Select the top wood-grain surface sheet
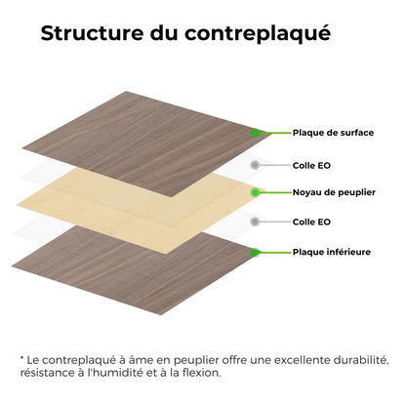(x=156, y=127)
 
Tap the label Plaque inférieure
(x=332, y=252)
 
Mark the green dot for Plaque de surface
(x=256, y=133)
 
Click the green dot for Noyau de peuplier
(x=256, y=192)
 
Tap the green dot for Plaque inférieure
(x=256, y=252)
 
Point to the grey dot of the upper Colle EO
(x=256, y=165)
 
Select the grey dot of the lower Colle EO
(x=256, y=222)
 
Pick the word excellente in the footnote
(x=281, y=359)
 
